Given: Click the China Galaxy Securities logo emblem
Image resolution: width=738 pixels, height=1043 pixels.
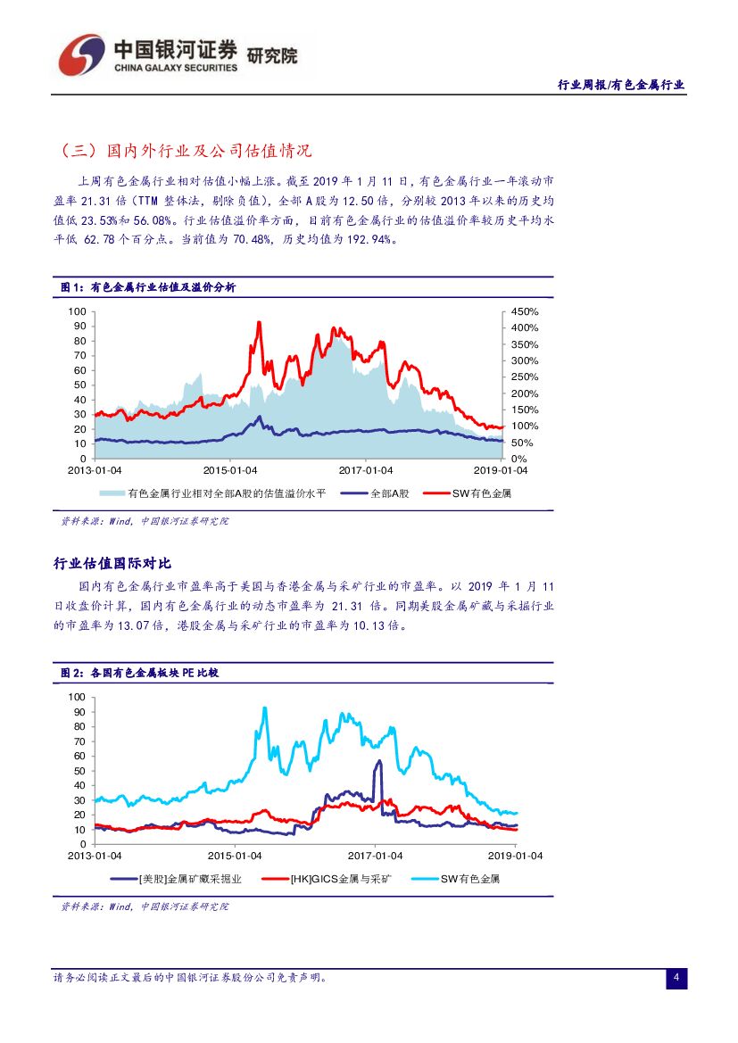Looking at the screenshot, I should point(82,54).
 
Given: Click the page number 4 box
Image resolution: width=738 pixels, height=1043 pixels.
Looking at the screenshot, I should point(676,979).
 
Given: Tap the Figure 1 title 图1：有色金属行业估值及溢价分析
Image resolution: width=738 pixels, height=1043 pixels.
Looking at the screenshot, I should point(147,287).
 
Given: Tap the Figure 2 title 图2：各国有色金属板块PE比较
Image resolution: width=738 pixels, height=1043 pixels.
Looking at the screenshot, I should point(138,673).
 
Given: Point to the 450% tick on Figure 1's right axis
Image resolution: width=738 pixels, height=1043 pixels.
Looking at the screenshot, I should point(524,311).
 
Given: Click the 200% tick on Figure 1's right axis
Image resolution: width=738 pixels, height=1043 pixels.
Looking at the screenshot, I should point(524,393).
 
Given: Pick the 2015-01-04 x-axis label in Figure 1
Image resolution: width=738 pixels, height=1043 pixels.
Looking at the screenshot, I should point(229,470).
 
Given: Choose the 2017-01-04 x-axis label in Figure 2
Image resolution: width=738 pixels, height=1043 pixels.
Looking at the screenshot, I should point(376,856).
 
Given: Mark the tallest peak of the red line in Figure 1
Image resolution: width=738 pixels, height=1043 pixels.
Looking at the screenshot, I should point(259,322).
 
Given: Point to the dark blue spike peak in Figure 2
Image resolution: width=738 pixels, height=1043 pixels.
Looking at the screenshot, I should point(379,761).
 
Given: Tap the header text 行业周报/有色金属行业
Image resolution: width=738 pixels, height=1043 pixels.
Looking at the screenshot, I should point(620,85).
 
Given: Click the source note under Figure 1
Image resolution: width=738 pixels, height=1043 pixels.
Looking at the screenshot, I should point(144,521).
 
